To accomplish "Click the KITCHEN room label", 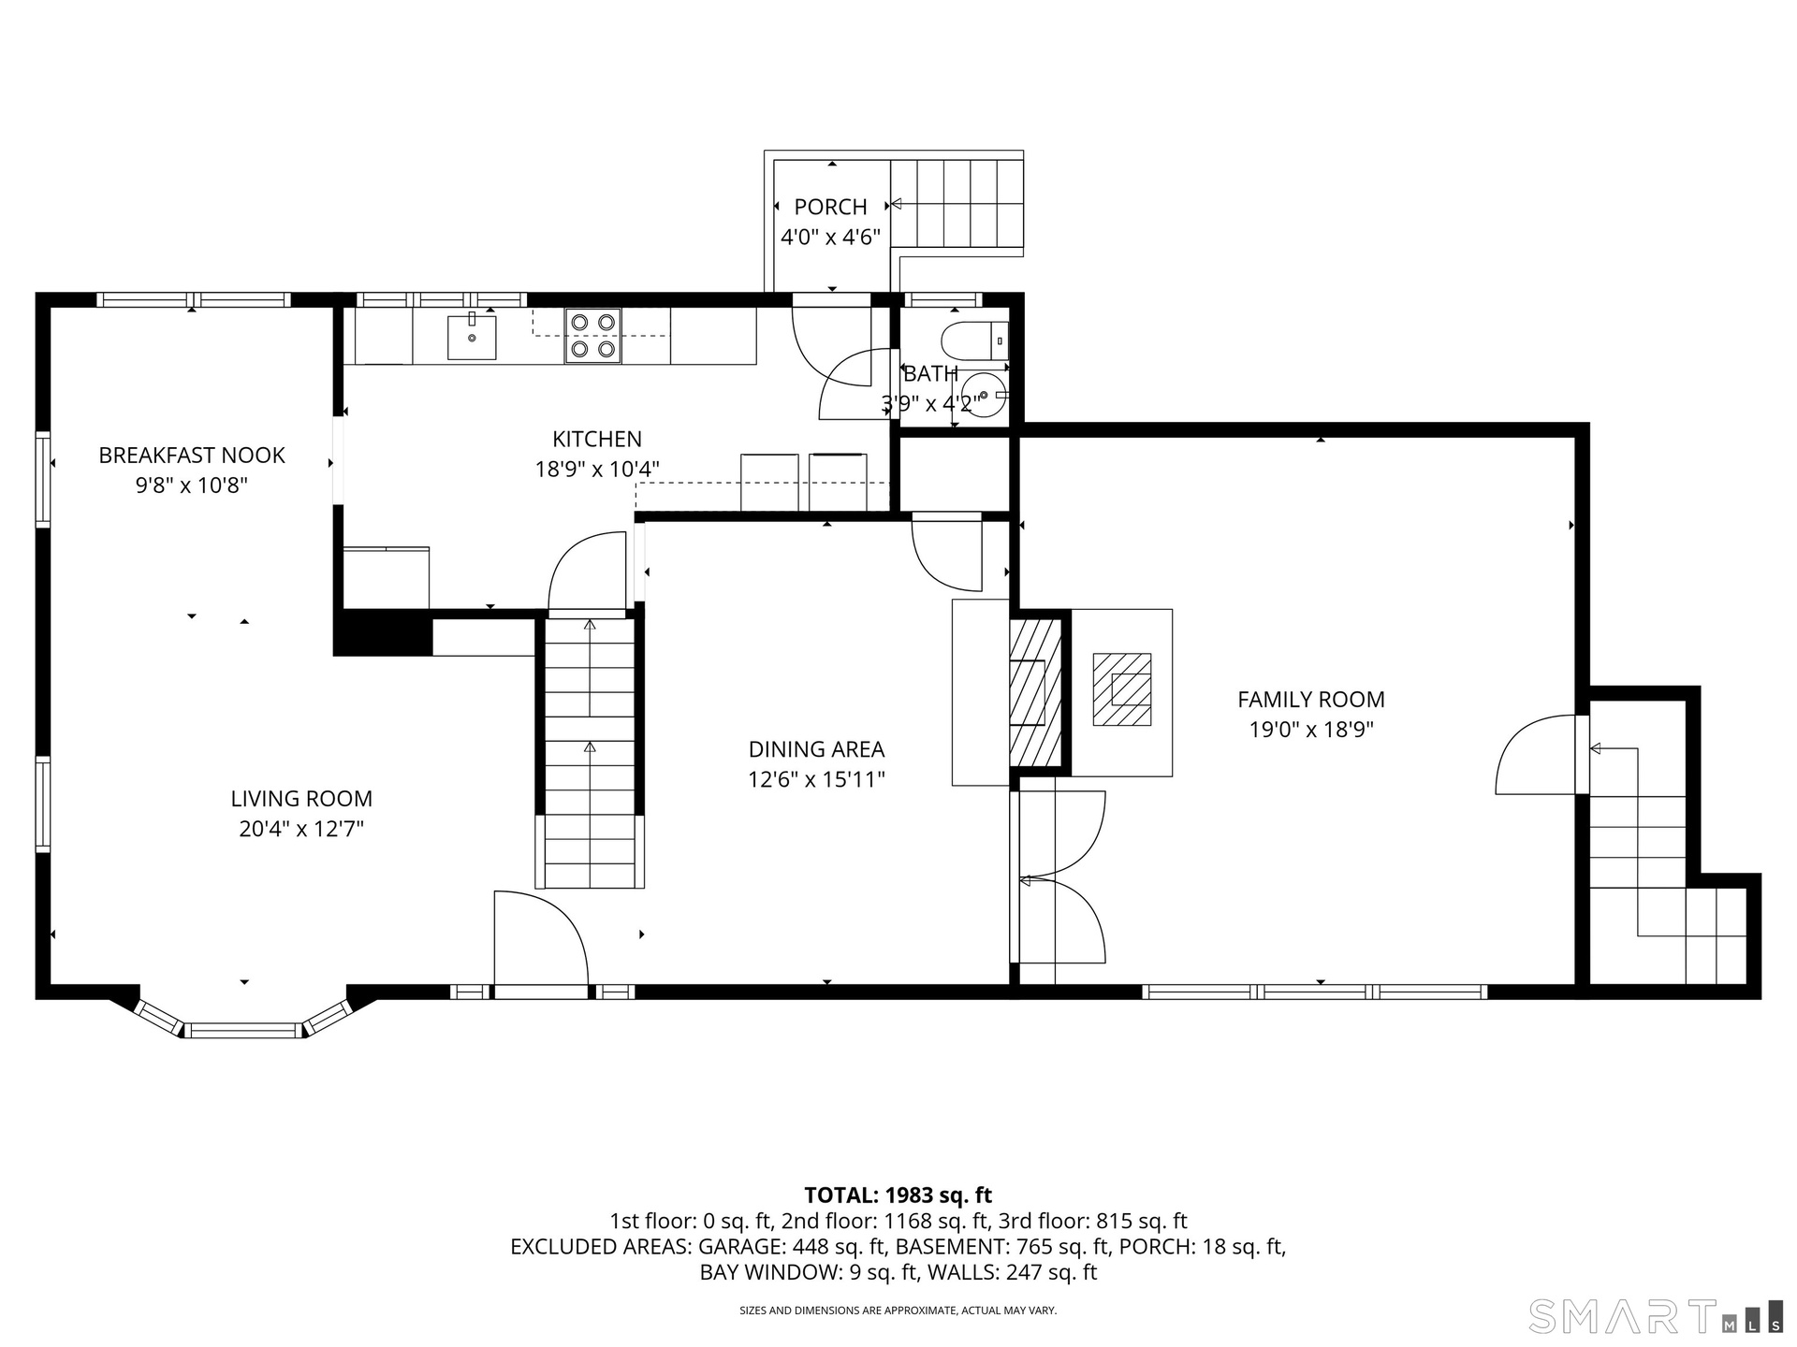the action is pyautogui.click(x=597, y=439).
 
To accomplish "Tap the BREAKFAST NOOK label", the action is pyautogui.click(x=192, y=456).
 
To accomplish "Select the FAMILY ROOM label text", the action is pyautogui.click(x=1311, y=699).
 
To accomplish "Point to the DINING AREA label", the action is pyautogui.click(x=816, y=749).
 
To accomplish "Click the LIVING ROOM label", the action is pyautogui.click(x=301, y=799).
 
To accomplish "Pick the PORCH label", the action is pyautogui.click(x=831, y=207).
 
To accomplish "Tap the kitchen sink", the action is pyautogui.click(x=472, y=336).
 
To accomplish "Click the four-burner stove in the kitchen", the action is pyautogui.click(x=593, y=336).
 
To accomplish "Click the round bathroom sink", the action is pyautogui.click(x=984, y=394).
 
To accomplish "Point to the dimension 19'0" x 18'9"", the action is pyautogui.click(x=1311, y=730).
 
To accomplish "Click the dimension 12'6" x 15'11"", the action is pyautogui.click(x=816, y=779).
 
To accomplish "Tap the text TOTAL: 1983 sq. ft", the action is pyautogui.click(x=898, y=1195).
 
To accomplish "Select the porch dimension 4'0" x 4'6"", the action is pyautogui.click(x=831, y=237).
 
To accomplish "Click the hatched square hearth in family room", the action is pyautogui.click(x=1122, y=689).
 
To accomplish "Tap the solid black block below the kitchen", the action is pyautogui.click(x=383, y=633).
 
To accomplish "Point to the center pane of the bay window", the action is pyautogui.click(x=244, y=1031).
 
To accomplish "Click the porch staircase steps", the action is pyautogui.click(x=957, y=203).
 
